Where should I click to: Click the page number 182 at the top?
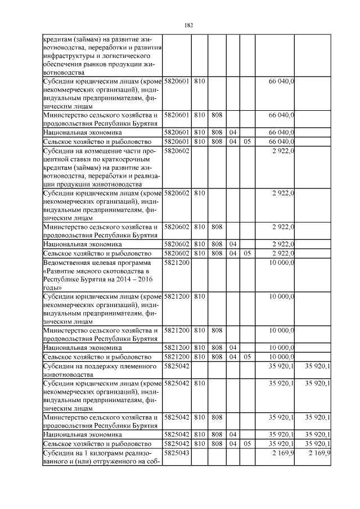tap(188, 25)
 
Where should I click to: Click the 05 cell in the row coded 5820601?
tap(247, 142)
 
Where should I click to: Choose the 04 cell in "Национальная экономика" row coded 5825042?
tap(232, 434)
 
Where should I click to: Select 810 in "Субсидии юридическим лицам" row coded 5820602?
tap(200, 193)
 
